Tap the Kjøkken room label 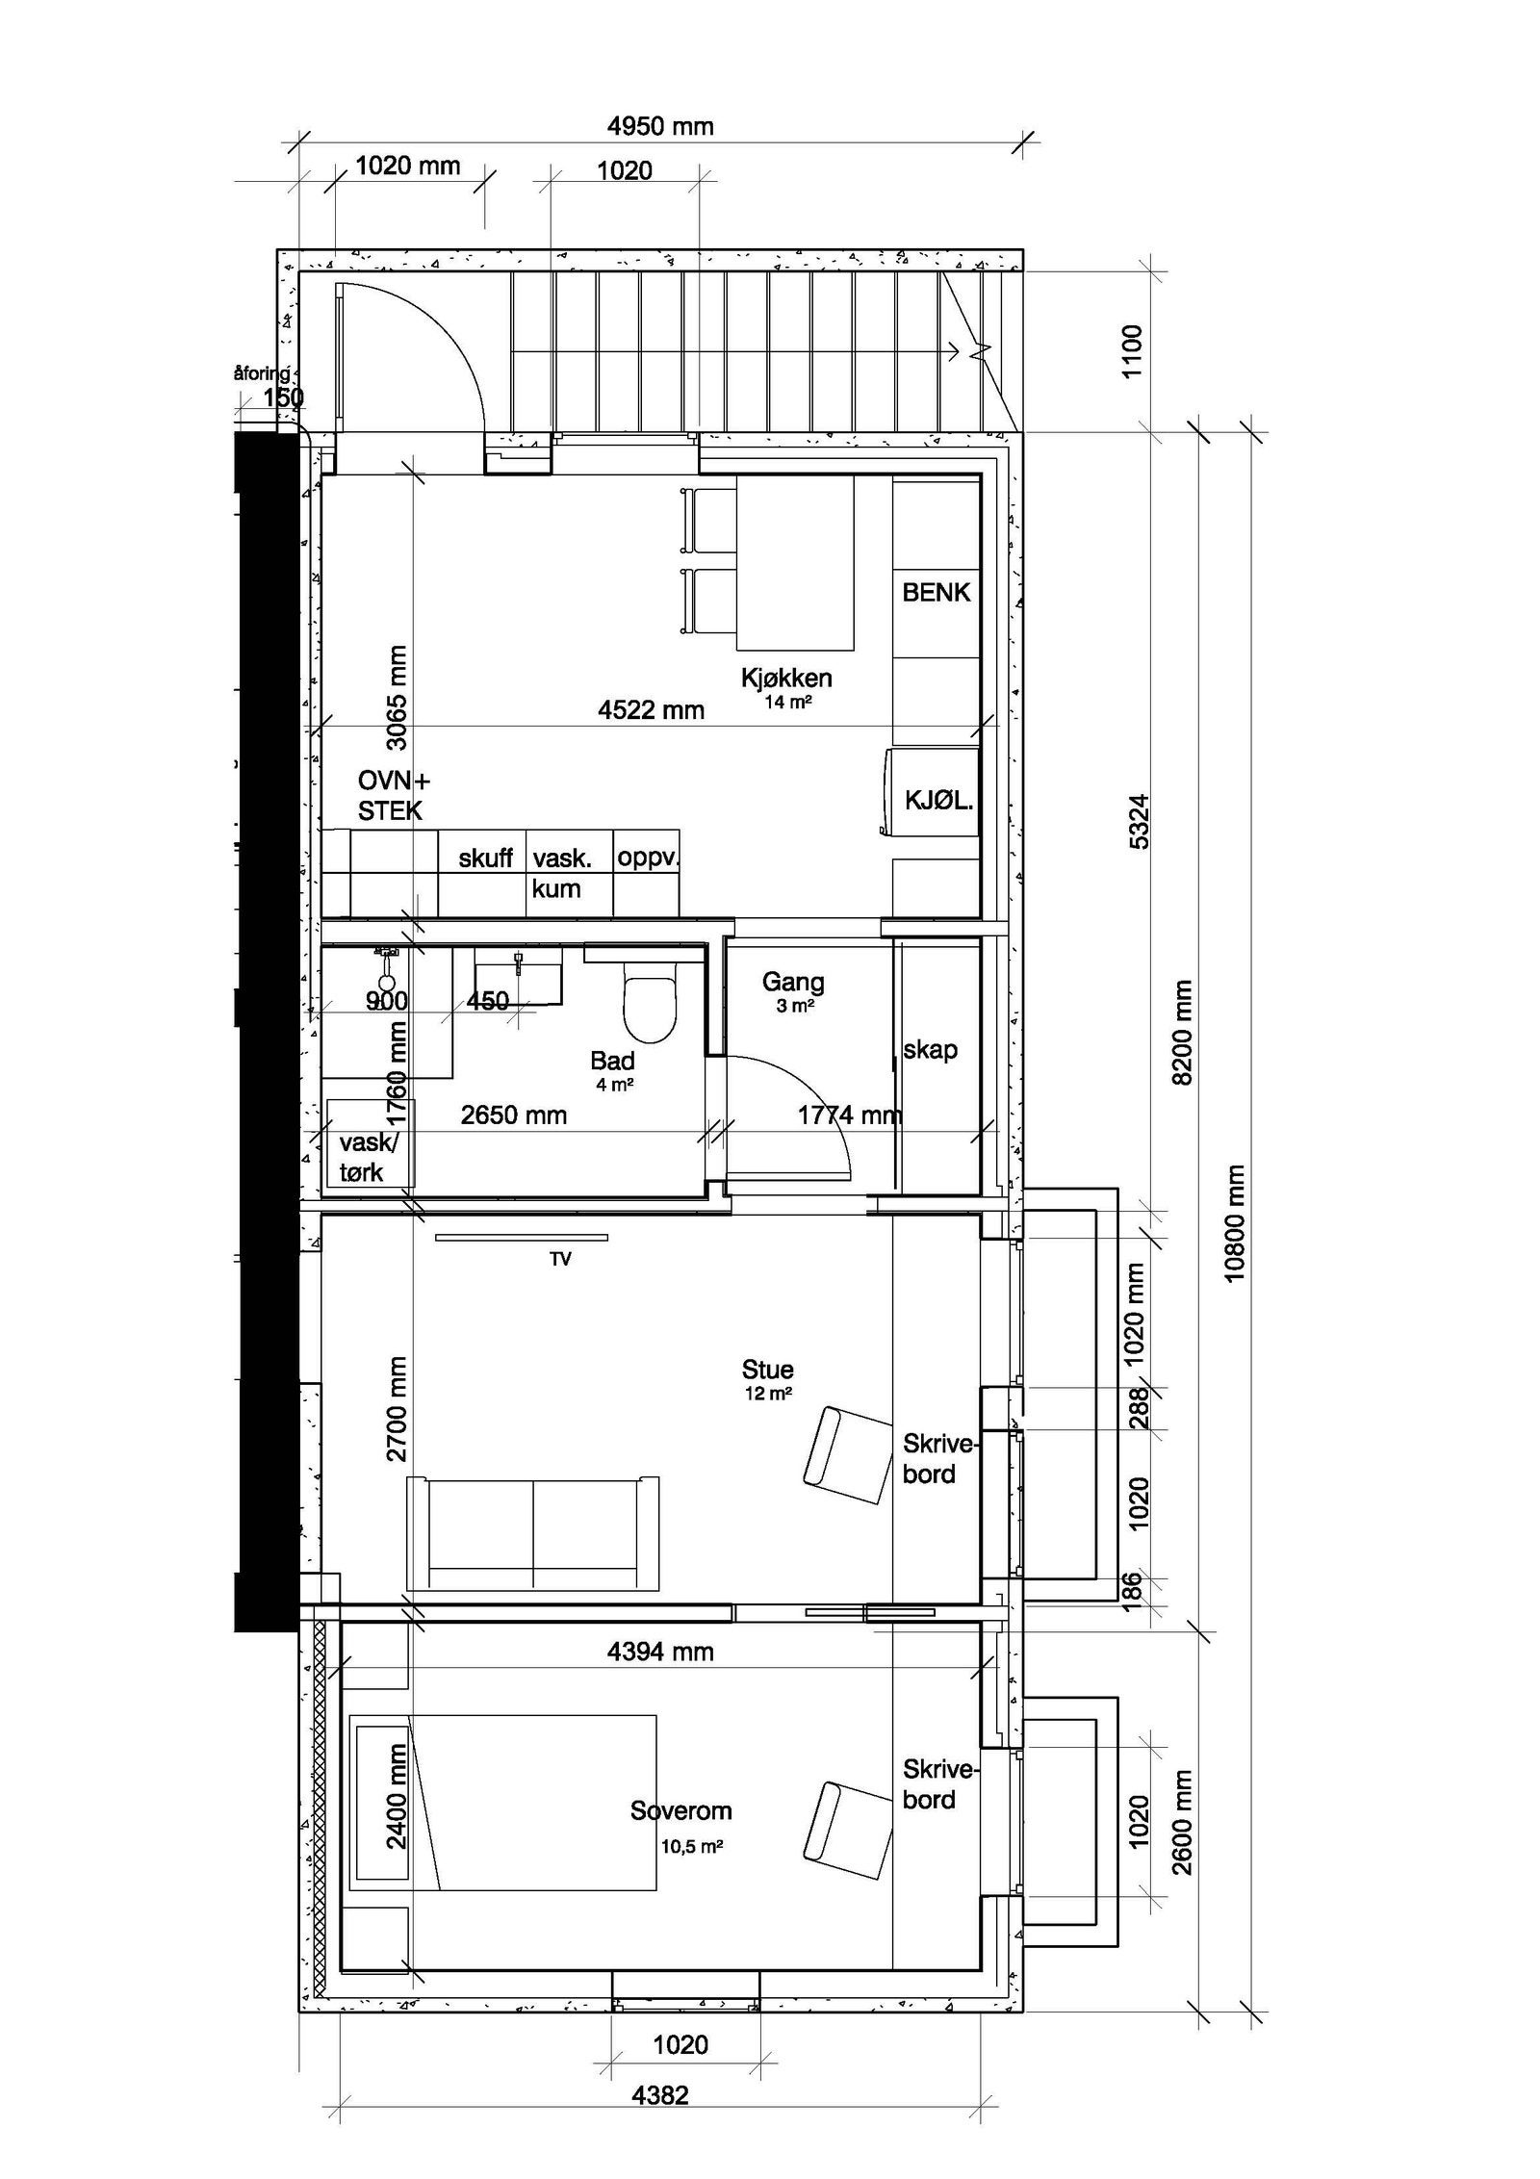point(785,678)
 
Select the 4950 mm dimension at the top point(660,126)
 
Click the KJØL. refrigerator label point(937,800)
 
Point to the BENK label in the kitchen point(936,592)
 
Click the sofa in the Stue point(533,1533)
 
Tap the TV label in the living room point(560,1259)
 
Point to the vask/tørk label point(366,1157)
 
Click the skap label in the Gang point(930,1049)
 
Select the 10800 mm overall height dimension point(1236,1223)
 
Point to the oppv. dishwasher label point(647,857)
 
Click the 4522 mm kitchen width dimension point(651,710)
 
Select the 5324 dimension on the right point(1138,821)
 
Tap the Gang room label point(792,983)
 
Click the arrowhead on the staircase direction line point(955,352)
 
